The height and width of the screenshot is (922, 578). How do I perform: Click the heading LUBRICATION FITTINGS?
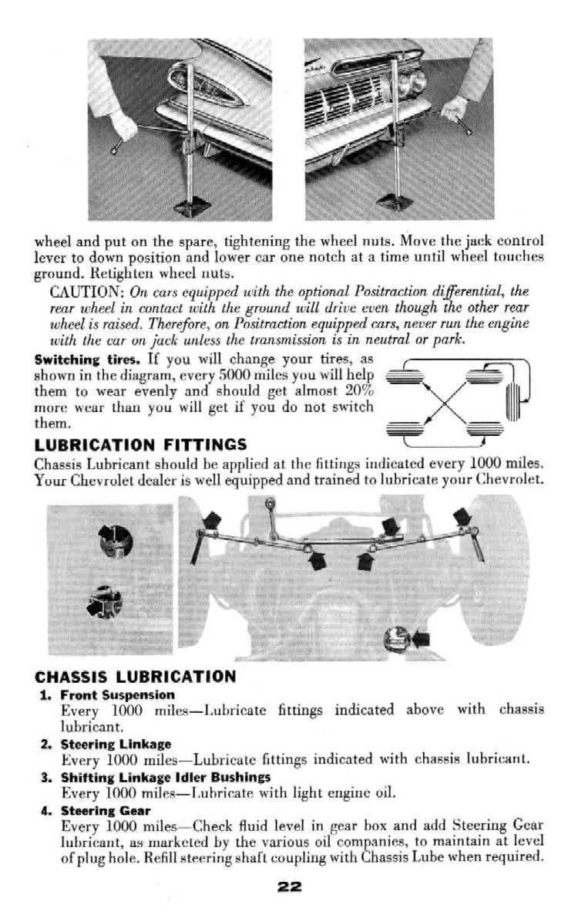coord(140,445)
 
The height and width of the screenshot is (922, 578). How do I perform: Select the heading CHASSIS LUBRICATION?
coord(136,677)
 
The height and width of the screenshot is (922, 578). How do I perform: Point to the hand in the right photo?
coord(455,108)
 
